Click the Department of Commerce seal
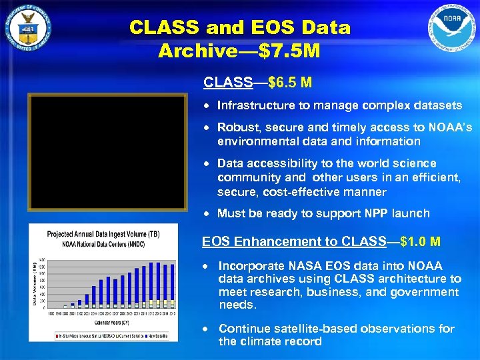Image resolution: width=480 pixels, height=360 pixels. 27,28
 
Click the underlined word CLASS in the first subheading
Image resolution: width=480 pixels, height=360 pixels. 227,83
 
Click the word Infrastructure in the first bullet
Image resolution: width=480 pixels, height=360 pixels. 255,105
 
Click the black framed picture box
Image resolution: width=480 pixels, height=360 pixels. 107,152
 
